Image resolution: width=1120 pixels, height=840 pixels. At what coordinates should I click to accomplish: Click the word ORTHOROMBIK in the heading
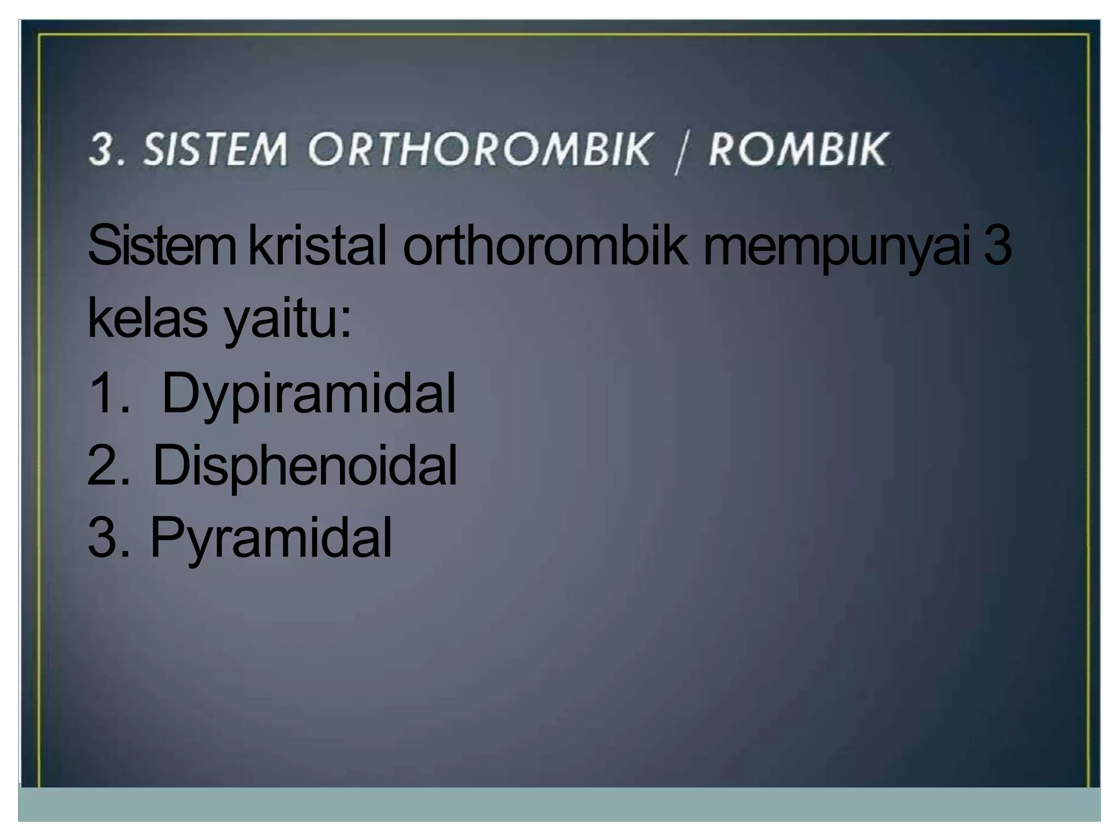pyautogui.click(x=480, y=149)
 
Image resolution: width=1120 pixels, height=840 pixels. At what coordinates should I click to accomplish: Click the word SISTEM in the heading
pyautogui.click(x=214, y=149)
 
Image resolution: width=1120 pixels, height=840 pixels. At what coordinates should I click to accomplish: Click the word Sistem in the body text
pyautogui.click(x=161, y=247)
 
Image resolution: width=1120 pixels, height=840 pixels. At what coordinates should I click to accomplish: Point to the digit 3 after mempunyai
pyautogui.click(x=997, y=247)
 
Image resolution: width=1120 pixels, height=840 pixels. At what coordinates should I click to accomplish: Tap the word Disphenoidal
pyautogui.click(x=304, y=466)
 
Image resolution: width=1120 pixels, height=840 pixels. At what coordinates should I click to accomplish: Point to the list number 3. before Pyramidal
pyautogui.click(x=108, y=538)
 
